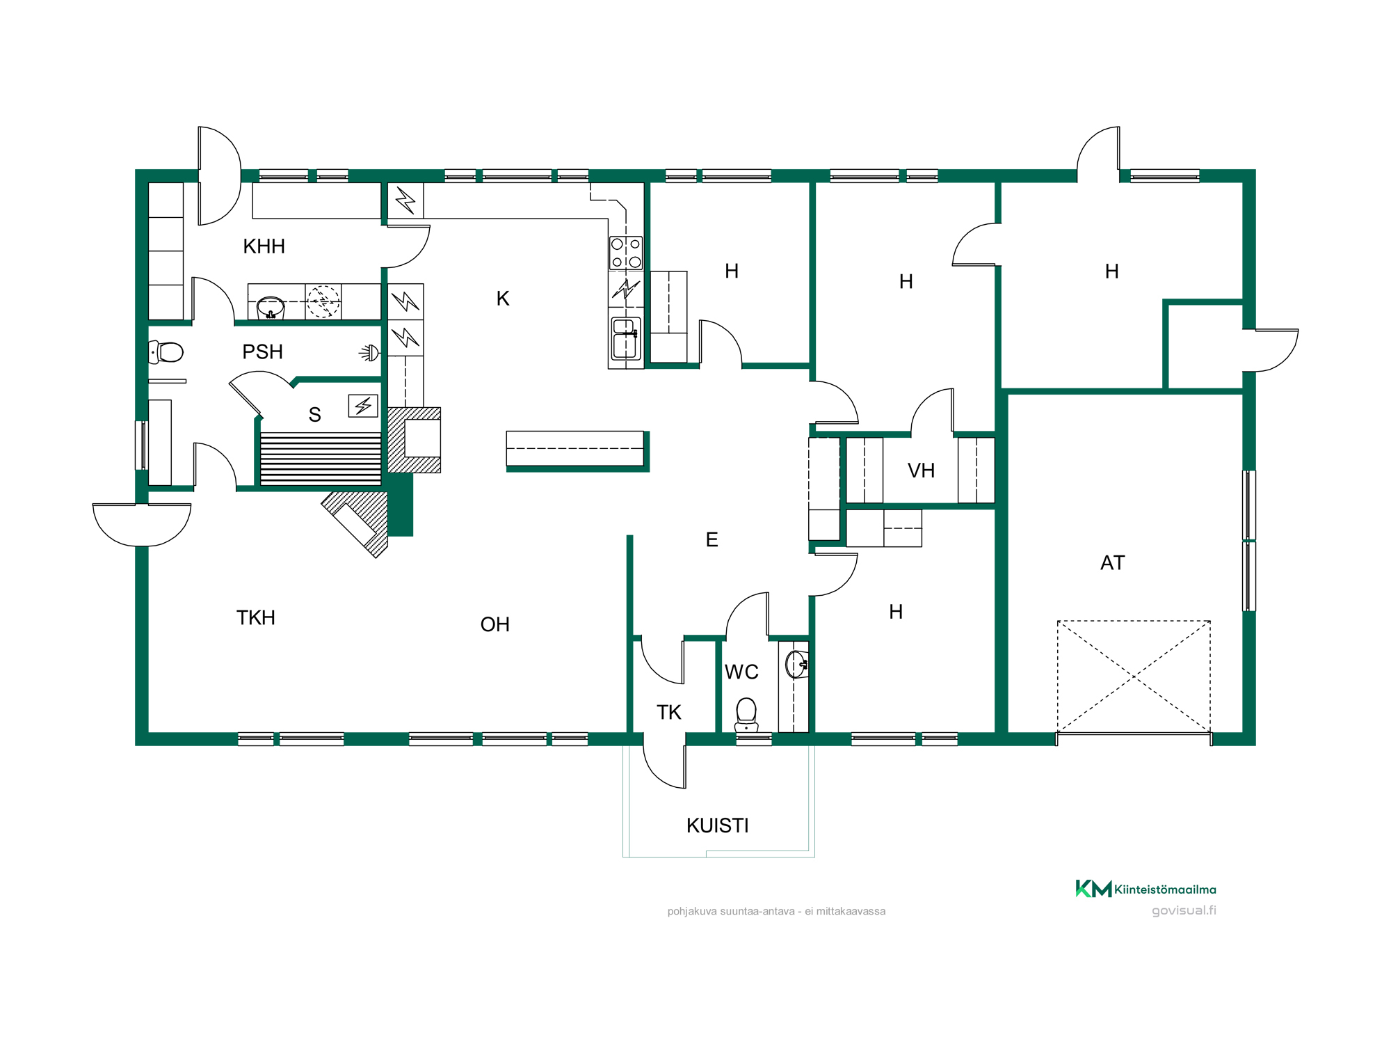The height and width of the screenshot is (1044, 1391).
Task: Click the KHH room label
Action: pos(264,246)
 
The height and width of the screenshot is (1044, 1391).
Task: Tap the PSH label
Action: pos(262,352)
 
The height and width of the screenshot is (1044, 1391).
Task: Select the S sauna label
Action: pos(314,415)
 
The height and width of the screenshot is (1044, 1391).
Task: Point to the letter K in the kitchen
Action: pos(503,299)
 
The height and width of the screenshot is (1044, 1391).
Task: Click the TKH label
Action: pos(256,618)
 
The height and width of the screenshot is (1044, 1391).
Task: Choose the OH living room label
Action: pos(495,625)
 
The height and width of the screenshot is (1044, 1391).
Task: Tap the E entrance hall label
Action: pos(711,540)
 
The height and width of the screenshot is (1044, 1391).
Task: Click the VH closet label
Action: pos(921,471)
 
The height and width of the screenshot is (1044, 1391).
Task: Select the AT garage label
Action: pos(1112,563)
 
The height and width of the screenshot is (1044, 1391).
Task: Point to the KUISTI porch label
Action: pos(717,826)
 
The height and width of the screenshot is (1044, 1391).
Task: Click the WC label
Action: pos(741,672)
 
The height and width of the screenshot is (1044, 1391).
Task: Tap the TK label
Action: pos(669,713)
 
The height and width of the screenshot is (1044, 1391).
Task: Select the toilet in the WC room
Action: pos(746,715)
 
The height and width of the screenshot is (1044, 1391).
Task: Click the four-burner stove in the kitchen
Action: pos(626,253)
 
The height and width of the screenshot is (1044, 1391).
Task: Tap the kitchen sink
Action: pos(625,338)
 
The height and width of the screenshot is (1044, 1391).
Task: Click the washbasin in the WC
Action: pos(797,665)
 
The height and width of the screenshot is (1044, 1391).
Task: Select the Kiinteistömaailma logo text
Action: pos(1165,889)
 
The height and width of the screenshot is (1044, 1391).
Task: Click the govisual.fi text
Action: pos(1184,910)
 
